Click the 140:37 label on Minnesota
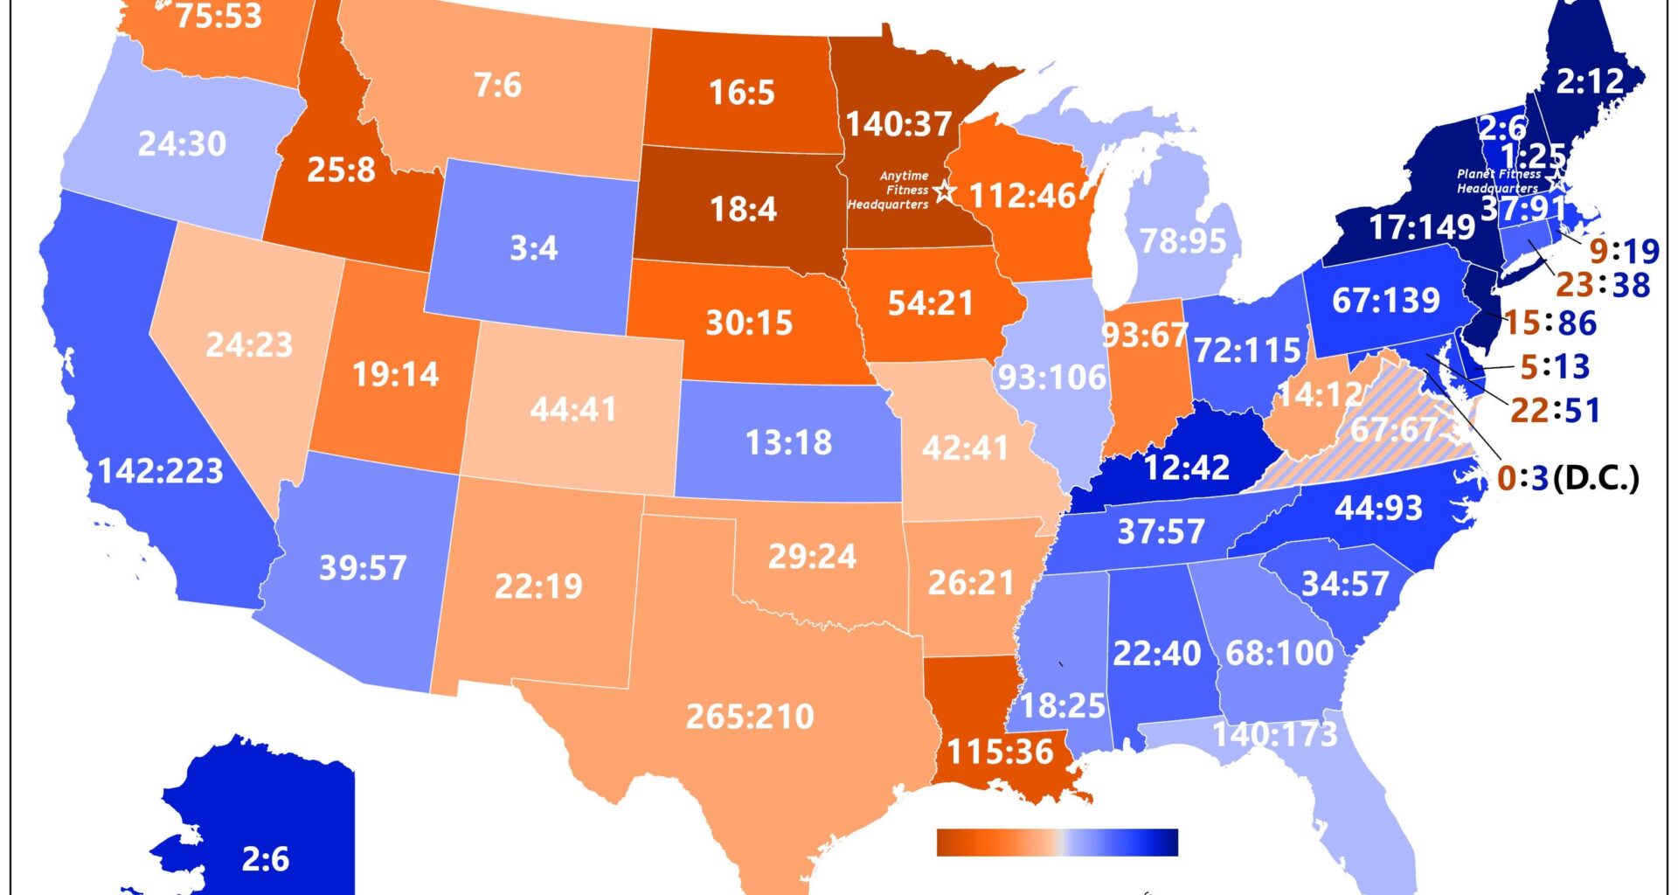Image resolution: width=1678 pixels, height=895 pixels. [898, 124]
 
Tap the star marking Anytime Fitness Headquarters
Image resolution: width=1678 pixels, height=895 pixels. [943, 191]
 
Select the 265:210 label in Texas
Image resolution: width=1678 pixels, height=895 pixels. [750, 717]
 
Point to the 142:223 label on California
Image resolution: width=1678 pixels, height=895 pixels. [161, 472]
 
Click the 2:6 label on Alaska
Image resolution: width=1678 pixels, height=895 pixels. [265, 859]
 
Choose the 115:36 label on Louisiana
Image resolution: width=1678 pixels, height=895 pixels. [1000, 752]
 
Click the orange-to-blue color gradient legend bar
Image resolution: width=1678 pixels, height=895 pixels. [1057, 843]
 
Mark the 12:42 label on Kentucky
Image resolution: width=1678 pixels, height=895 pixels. [1186, 468]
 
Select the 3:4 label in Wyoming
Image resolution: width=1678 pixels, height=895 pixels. [533, 248]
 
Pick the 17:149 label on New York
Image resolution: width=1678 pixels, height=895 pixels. [1421, 227]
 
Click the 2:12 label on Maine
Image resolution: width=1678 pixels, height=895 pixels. [1590, 82]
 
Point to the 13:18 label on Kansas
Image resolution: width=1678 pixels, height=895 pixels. [788, 443]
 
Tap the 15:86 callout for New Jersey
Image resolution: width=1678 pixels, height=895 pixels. [1550, 323]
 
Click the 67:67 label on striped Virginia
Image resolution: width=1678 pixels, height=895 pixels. [1395, 429]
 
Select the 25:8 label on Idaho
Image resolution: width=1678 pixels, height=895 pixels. [341, 170]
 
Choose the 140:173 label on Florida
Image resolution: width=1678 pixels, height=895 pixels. [1275, 734]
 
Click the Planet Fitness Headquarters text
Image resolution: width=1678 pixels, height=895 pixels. [1498, 181]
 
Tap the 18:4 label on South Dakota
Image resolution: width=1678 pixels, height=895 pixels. [743, 210]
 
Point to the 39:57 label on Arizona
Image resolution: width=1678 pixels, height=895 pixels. [363, 568]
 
